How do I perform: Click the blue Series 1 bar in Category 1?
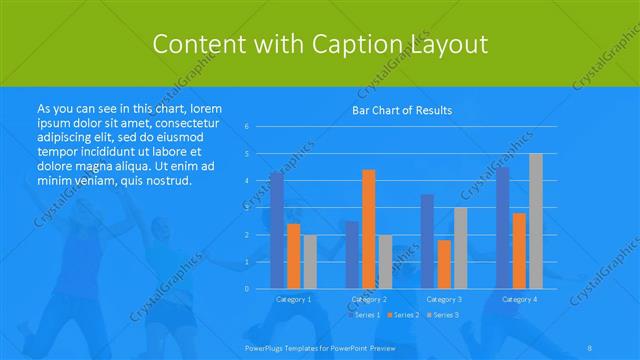pos(277,230)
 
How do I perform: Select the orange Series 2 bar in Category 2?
pos(368,229)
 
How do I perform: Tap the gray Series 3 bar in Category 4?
pos(536,221)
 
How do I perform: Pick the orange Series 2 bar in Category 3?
pos(444,264)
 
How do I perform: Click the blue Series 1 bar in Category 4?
pos(503,228)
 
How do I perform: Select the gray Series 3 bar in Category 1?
pos(310,261)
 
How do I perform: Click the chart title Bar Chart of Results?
pos(402,110)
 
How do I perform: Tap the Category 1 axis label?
pos(293,299)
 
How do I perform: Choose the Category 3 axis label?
pos(444,299)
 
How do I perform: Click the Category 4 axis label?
pos(519,299)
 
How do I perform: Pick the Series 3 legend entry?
pos(443,314)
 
